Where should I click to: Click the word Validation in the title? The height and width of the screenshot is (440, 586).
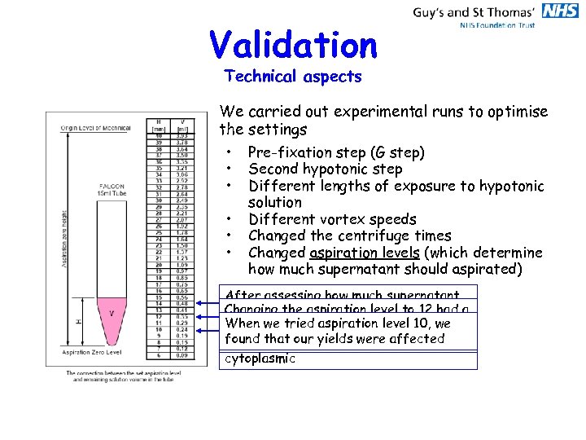[x=293, y=46]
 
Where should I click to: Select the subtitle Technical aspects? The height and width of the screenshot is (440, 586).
[x=292, y=77]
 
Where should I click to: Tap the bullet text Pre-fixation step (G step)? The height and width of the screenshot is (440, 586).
[x=336, y=152]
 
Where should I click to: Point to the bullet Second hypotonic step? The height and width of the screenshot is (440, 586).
[x=325, y=169]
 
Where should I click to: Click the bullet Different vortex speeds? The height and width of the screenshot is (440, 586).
[x=332, y=219]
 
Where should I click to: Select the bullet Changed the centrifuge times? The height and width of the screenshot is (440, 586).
[x=349, y=235]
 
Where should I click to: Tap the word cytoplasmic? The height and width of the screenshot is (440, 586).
[x=259, y=359]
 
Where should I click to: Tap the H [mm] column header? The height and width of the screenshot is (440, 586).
[x=160, y=125]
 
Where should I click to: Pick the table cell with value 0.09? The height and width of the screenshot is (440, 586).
[x=181, y=355]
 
